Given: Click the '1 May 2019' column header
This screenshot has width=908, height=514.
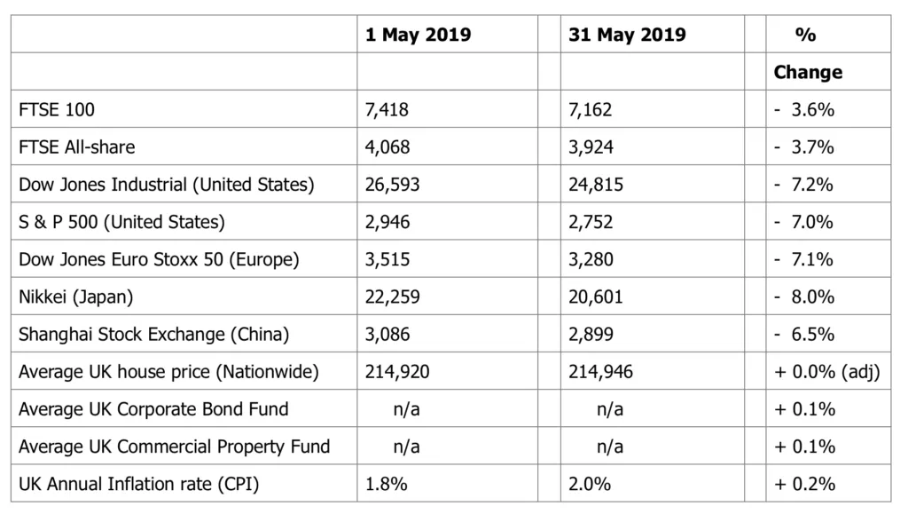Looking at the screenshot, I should (418, 36).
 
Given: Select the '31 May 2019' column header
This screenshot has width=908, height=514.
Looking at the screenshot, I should (627, 36).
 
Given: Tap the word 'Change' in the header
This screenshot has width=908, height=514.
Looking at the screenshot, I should (808, 73).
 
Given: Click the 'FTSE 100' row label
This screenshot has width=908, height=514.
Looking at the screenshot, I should (57, 110).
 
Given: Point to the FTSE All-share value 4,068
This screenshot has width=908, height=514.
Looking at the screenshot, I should (387, 147).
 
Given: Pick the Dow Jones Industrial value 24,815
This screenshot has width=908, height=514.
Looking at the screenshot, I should (596, 185).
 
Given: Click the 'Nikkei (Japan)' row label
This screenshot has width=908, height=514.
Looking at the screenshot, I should (76, 297).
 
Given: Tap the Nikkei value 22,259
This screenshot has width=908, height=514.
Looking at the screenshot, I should (392, 297).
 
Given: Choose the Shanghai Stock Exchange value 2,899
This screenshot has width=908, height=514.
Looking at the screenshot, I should (591, 335).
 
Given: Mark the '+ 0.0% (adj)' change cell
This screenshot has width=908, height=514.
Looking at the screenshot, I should (827, 372).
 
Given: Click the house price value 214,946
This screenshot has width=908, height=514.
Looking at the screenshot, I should (600, 372).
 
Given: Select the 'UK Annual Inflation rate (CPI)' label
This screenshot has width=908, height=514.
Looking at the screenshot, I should (139, 484).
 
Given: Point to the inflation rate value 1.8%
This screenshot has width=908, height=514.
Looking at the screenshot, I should (384, 484).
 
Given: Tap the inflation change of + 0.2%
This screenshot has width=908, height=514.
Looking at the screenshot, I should (804, 484).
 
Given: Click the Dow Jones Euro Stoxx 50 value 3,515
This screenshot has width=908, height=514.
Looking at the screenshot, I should (387, 259).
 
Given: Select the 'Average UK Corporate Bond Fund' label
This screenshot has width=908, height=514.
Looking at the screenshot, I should (153, 409).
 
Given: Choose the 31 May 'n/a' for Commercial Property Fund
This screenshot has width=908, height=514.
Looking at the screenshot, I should (609, 447).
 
